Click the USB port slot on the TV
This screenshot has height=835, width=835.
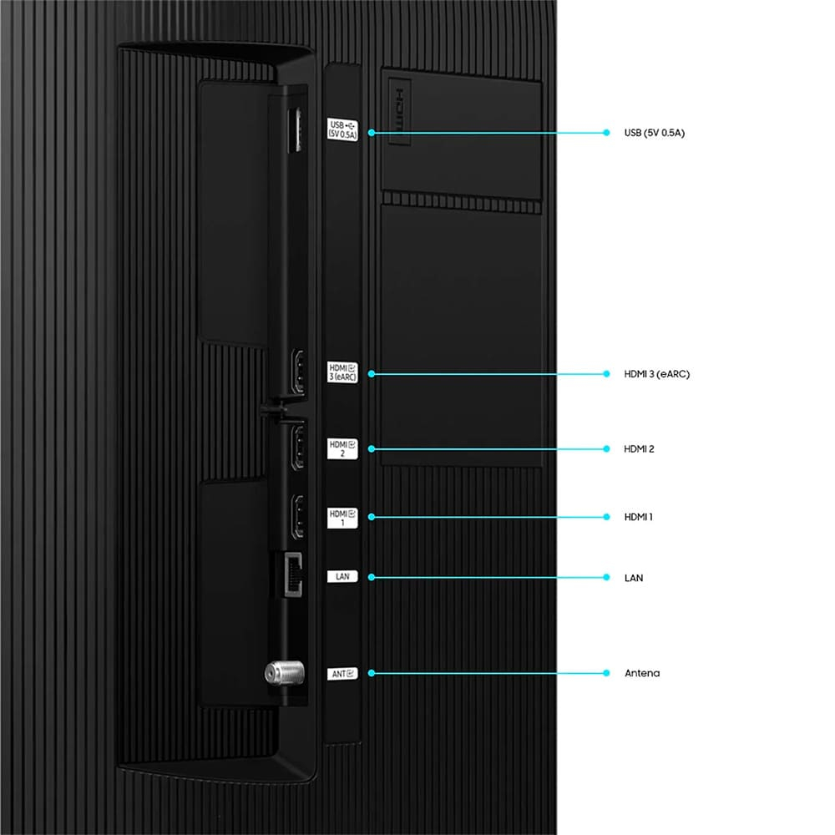coord(294,129)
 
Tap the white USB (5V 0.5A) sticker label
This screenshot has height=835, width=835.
coord(342,129)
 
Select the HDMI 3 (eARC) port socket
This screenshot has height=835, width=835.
coord(299,372)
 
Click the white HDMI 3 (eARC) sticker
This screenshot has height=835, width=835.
coord(342,372)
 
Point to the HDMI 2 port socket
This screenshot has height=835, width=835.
coord(299,446)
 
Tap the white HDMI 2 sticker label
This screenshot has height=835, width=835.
coord(342,448)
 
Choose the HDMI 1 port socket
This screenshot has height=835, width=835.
coord(298,516)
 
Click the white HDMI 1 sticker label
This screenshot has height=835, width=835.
coord(342,518)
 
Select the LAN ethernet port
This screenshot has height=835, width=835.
coord(293,574)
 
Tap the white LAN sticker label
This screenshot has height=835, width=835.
coord(342,577)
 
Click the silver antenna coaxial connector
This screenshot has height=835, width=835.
coord(285,673)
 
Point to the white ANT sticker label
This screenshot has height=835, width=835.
coord(342,674)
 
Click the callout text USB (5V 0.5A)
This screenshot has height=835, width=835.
coord(655,133)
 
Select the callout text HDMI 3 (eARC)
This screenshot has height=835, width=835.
coord(656,374)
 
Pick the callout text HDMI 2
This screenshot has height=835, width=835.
coord(639,449)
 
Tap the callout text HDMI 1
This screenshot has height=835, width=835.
coord(638,517)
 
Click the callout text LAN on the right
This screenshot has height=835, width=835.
coord(634,578)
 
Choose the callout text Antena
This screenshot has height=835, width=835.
coord(642,673)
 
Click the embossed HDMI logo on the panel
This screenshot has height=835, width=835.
coord(399,111)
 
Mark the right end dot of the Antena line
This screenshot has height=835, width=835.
coord(606,673)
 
